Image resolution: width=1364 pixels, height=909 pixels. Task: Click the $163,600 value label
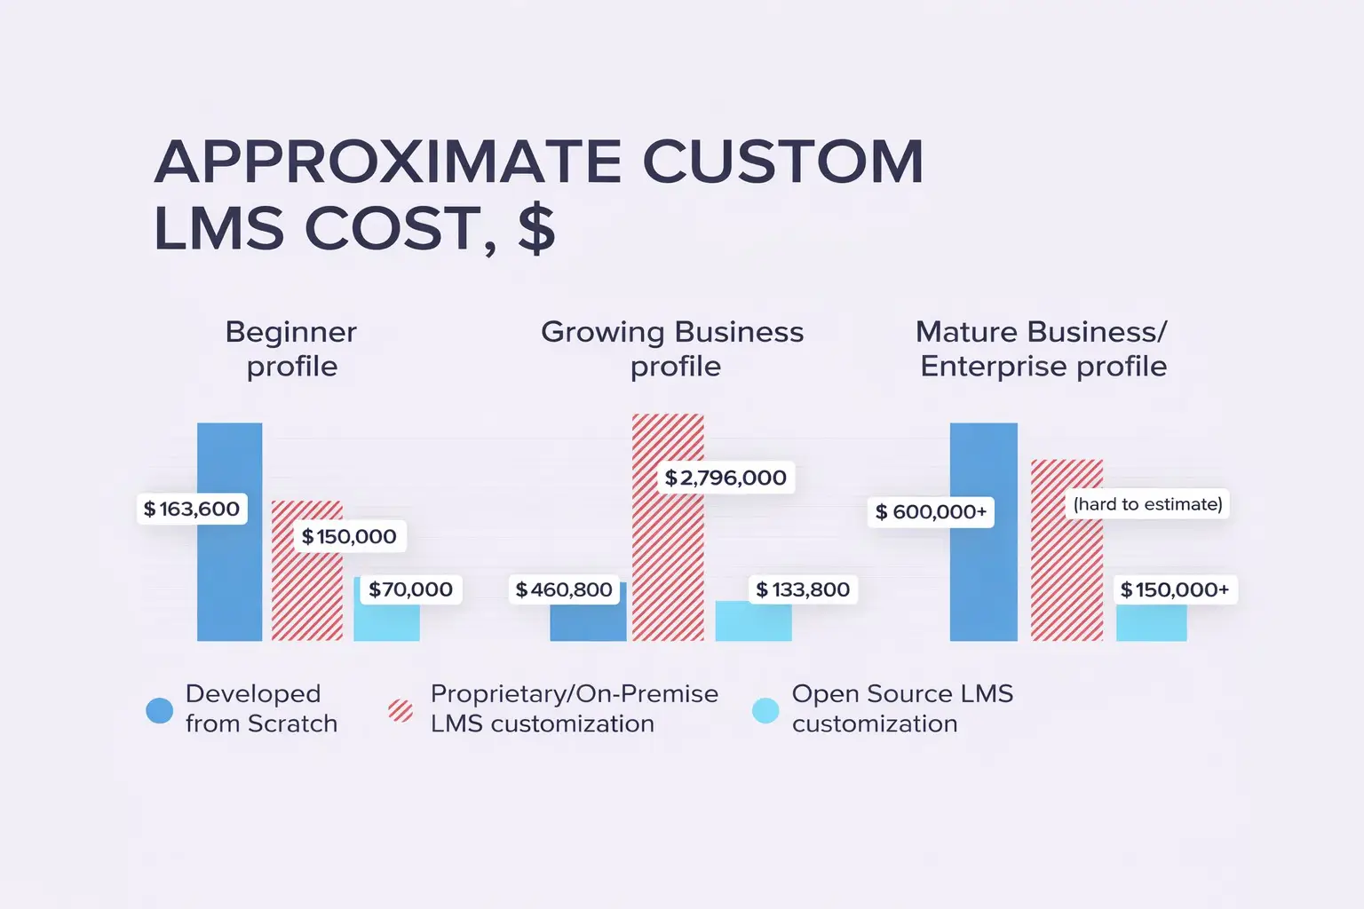192,510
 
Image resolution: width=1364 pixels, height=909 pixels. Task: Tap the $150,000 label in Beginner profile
349,536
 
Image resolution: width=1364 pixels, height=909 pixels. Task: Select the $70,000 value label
410,589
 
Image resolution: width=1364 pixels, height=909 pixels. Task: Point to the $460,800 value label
564,589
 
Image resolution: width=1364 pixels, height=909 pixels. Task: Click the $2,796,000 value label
726,478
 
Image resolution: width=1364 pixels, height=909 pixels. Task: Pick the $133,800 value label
803,589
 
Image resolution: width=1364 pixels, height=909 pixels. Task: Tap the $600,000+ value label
931,512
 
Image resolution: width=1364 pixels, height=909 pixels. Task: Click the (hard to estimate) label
1147,504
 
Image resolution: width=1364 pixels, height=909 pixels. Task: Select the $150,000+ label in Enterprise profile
1175,589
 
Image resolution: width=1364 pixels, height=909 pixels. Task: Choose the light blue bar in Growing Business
753,622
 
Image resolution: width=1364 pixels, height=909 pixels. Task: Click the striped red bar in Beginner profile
306,595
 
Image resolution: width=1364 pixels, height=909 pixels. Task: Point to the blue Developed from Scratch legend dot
160,710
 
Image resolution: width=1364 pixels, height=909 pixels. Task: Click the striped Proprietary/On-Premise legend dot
400,710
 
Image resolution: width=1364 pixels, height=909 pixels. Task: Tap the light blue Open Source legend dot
765,710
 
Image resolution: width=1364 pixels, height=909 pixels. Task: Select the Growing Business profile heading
672,349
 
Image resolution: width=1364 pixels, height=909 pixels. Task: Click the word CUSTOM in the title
782,162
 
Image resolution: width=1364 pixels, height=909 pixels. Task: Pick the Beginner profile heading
291,349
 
